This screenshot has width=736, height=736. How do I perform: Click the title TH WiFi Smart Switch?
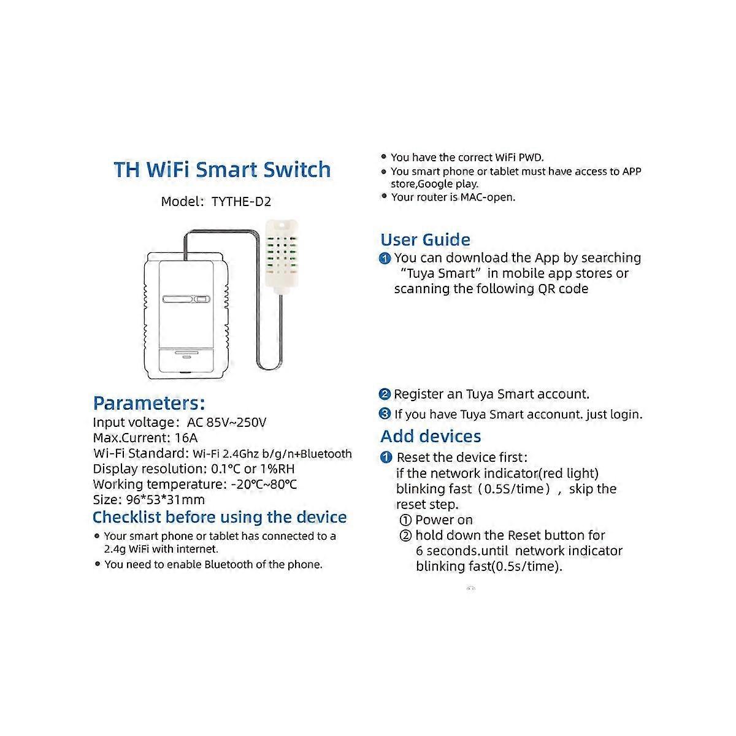(x=222, y=169)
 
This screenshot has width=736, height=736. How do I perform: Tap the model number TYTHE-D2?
(x=241, y=201)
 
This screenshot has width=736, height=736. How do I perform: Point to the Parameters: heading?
(x=148, y=403)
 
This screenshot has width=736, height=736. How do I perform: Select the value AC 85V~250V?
(x=226, y=423)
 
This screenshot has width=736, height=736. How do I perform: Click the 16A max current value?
(x=186, y=438)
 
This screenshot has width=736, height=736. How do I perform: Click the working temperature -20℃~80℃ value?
(x=264, y=484)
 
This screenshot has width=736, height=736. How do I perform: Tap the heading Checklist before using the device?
(x=220, y=517)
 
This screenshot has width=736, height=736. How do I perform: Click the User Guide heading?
(x=425, y=240)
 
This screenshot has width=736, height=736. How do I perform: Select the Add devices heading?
(x=431, y=437)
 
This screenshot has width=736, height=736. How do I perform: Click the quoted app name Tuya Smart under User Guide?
(x=438, y=274)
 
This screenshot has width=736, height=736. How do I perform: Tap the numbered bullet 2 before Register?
(x=385, y=394)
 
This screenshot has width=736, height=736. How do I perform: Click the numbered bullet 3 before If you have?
(x=385, y=414)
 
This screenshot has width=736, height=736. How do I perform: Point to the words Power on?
(x=444, y=520)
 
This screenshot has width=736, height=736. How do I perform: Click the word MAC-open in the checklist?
(x=488, y=197)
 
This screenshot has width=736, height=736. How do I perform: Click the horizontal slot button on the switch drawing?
(x=186, y=300)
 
